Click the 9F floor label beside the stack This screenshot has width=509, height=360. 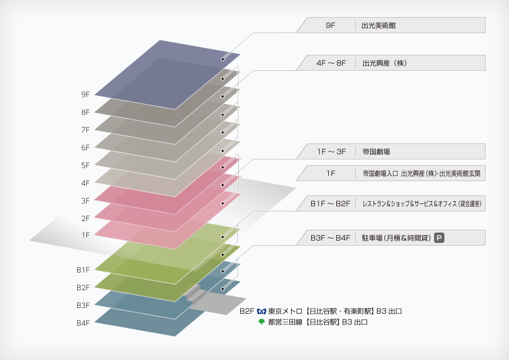coord(86,94)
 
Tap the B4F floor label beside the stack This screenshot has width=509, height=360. coord(83,323)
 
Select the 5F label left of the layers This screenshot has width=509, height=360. coord(86,165)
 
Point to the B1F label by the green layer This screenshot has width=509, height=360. coord(83,270)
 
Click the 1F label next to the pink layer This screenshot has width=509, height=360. coord(86,235)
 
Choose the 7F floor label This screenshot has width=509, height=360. coord(86,130)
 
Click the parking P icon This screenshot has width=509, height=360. coord(440,238)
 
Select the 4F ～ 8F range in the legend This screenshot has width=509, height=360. coord(331,63)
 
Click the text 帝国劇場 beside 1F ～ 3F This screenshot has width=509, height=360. coord(376,152)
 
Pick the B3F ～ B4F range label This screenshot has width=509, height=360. coord(330,238)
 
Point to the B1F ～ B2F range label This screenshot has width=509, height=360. coord(330,203)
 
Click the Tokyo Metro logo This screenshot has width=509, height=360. coord(262,311)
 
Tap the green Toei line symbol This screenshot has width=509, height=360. coord(262,322)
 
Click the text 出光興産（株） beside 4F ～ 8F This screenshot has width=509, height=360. coord(384,63)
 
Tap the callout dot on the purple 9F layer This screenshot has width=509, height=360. coord(222,59)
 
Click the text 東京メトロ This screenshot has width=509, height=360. coord(286,311)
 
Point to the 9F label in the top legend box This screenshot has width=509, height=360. coord(330,26)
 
